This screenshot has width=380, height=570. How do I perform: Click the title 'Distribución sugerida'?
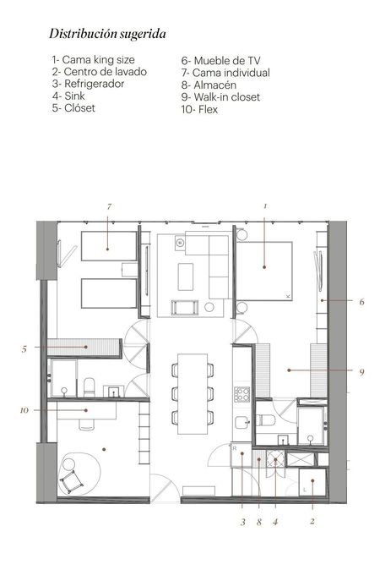point(107,34)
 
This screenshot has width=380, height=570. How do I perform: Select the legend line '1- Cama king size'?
point(93,59)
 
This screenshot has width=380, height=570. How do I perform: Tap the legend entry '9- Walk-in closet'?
point(220,97)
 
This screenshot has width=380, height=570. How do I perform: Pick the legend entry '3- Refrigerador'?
point(88,84)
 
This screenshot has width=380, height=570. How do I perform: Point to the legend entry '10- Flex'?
point(199,109)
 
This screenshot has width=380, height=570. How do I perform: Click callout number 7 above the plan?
point(109,206)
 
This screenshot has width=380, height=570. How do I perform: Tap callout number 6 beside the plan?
point(361,302)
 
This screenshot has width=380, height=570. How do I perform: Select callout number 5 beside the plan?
point(24,349)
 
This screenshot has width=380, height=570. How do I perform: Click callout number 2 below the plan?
point(312,521)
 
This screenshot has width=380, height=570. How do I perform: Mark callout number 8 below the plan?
point(258,523)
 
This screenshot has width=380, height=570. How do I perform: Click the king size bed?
point(264,271)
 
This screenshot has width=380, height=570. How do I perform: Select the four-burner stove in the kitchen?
point(242,394)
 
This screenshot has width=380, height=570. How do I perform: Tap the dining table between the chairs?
point(193,394)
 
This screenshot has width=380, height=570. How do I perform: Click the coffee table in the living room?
point(186,277)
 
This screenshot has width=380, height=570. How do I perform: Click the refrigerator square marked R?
point(242,455)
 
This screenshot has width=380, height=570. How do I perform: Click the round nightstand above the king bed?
point(242,234)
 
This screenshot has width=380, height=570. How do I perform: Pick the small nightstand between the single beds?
point(129,270)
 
